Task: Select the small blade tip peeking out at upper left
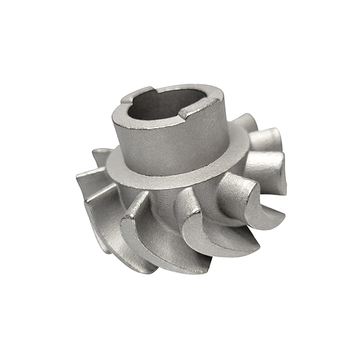pos(101,153)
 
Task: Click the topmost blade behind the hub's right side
pos(245,121)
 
